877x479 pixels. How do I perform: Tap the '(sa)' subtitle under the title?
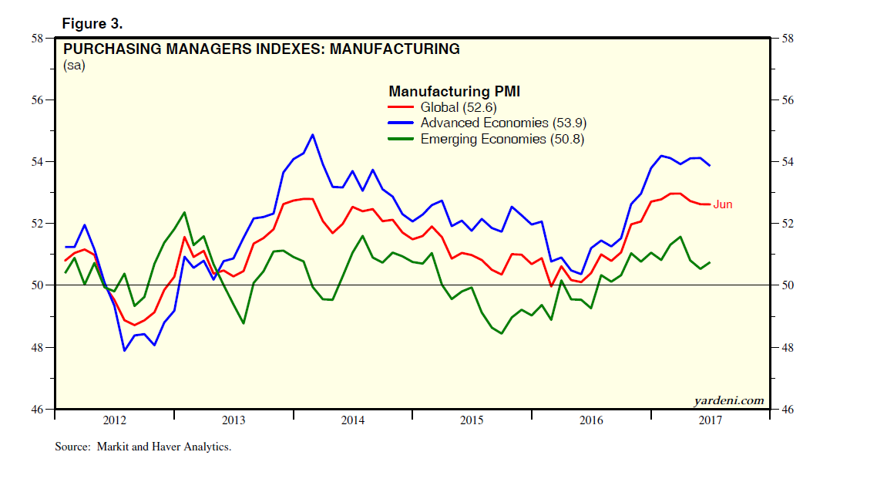pyautogui.click(x=74, y=66)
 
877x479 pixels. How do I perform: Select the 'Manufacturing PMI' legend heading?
pyautogui.click(x=454, y=92)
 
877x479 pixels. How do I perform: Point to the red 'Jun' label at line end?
pyautogui.click(x=722, y=204)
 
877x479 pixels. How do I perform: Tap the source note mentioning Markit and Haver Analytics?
pyautogui.click(x=143, y=447)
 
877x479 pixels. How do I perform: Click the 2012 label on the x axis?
pyautogui.click(x=114, y=420)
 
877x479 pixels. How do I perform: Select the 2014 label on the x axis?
pyautogui.click(x=352, y=420)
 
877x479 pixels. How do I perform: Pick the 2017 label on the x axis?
pyautogui.click(x=710, y=420)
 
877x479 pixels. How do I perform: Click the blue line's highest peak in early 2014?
pyautogui.click(x=312, y=135)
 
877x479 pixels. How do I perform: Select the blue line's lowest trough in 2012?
pyautogui.click(x=123, y=351)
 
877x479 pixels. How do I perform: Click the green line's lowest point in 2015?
pyautogui.click(x=502, y=333)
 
